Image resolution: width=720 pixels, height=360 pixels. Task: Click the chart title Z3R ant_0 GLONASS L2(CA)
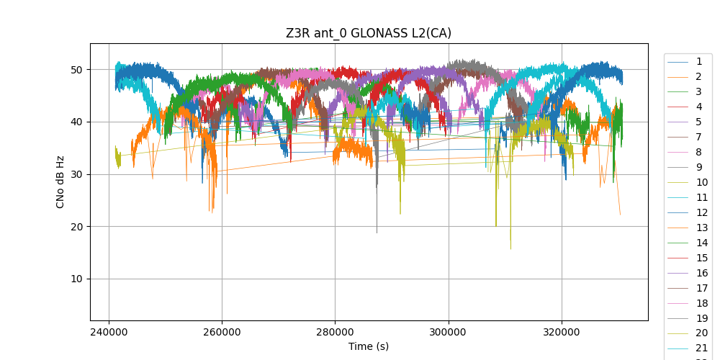[x=369, y=33]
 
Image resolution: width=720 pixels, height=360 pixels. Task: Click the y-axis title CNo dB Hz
[x=60, y=181]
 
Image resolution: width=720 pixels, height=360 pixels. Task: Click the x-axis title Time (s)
[x=369, y=346]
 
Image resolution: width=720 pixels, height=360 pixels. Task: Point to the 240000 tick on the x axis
[x=109, y=333]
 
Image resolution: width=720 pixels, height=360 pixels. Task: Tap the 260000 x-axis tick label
[x=222, y=333]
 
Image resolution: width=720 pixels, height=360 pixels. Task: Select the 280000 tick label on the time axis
[x=335, y=333]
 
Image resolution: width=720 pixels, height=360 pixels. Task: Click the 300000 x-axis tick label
[x=449, y=333]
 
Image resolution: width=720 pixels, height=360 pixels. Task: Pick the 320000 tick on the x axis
[x=562, y=333]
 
